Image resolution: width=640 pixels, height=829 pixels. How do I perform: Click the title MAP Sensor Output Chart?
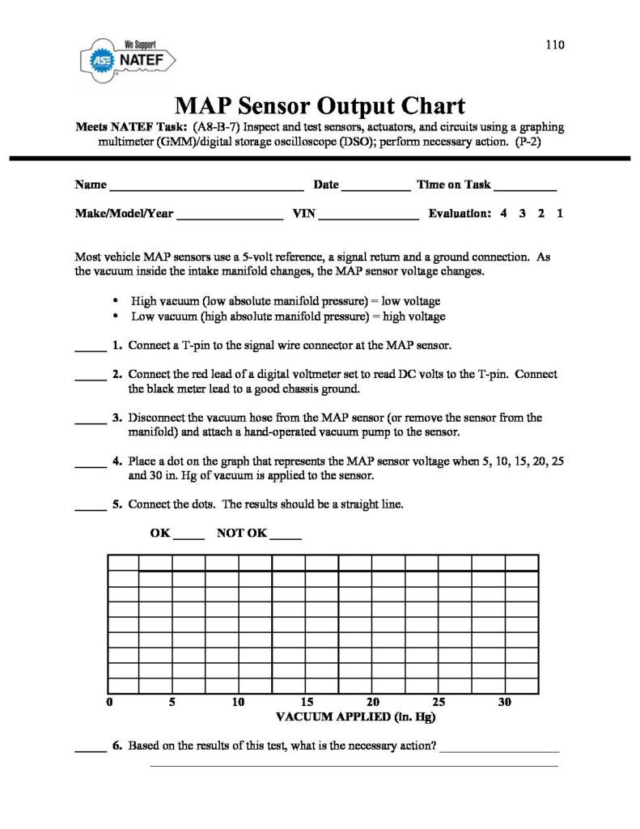coord(320,106)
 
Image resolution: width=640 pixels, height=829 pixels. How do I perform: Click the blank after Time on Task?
coord(526,188)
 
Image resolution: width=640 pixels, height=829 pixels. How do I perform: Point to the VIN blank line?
coord(370,218)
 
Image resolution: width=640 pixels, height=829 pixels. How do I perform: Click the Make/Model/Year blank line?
coord(229,218)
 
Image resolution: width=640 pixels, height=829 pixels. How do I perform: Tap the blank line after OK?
coord(189,538)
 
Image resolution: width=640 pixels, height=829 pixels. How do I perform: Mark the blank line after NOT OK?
coord(285,538)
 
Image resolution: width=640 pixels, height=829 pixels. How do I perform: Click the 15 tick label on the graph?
coord(307,702)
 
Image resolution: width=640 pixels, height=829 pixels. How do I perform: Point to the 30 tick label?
coord(505,702)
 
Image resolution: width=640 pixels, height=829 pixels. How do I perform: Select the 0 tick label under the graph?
coord(109,702)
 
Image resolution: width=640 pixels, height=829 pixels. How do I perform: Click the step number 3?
coord(117,419)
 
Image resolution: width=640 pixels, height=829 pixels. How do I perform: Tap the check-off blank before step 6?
coord(91,749)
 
